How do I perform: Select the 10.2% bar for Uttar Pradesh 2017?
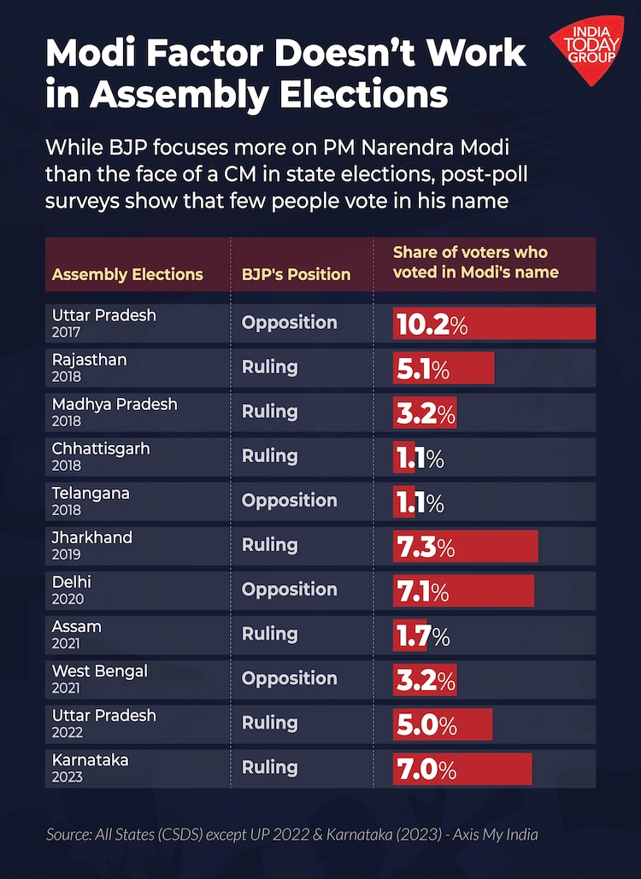pyautogui.click(x=494, y=324)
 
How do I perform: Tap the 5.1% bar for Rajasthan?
pyautogui.click(x=444, y=368)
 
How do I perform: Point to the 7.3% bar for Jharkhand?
pyautogui.click(x=466, y=546)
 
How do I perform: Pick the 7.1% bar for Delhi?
pyautogui.click(x=463, y=590)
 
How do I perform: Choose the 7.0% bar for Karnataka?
pyautogui.click(x=462, y=768)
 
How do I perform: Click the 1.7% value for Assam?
pyautogui.click(x=422, y=635)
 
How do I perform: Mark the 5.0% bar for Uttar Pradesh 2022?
pyautogui.click(x=443, y=724)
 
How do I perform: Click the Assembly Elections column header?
pyautogui.click(x=127, y=274)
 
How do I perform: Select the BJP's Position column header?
pyautogui.click(x=296, y=274)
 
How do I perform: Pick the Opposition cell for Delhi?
pyautogui.click(x=289, y=589)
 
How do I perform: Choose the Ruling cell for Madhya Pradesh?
pyautogui.click(x=269, y=412)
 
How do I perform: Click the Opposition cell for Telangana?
pyautogui.click(x=289, y=501)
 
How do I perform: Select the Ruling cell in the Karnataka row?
pyautogui.click(x=269, y=767)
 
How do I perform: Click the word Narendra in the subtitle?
pyautogui.click(x=461, y=146)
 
